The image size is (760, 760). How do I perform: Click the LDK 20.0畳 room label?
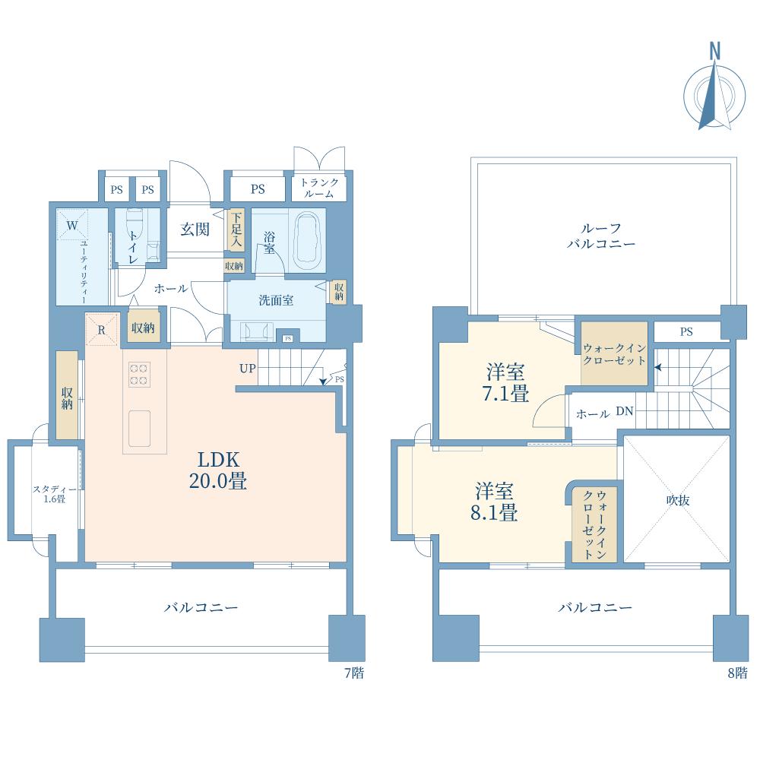(x=217, y=470)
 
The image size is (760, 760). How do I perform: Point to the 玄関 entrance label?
(x=195, y=230)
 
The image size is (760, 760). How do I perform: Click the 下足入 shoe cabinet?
(x=236, y=230)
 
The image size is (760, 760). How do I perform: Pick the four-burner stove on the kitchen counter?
(x=139, y=375)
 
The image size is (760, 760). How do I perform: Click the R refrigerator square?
(x=102, y=330)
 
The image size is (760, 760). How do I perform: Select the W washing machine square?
(x=73, y=225)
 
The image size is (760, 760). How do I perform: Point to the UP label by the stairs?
(x=248, y=369)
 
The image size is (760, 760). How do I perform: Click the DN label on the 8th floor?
(x=625, y=411)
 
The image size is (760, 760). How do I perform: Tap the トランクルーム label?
(x=319, y=188)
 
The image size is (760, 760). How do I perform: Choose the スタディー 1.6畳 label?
(x=54, y=494)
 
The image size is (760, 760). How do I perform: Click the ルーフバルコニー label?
(x=601, y=236)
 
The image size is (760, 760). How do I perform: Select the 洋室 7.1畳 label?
(x=505, y=383)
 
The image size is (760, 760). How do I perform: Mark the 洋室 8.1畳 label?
(x=494, y=502)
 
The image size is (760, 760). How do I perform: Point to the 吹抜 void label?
(x=678, y=500)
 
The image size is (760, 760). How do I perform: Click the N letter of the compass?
(x=715, y=51)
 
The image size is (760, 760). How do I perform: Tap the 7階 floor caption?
(x=354, y=673)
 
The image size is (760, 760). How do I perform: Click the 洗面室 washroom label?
(x=276, y=300)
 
